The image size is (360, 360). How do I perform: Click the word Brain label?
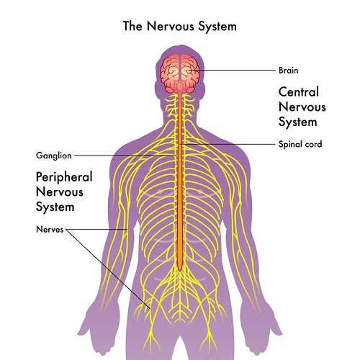(289, 71)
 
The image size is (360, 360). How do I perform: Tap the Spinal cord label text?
(300, 144)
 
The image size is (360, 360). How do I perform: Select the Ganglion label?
(54, 156)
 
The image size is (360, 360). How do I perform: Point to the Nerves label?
(50, 230)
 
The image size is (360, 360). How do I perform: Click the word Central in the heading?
(299, 91)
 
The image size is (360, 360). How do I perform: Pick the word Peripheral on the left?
(64, 177)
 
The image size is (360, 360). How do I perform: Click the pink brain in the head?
(180, 73)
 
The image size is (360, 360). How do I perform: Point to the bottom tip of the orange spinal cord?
(180, 271)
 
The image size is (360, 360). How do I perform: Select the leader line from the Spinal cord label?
(228, 144)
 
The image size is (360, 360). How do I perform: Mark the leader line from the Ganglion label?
(125, 156)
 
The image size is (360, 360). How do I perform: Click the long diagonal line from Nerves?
(108, 269)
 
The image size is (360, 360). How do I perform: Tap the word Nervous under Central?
(302, 107)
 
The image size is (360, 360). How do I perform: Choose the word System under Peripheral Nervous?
(55, 207)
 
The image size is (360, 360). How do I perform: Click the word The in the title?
(132, 26)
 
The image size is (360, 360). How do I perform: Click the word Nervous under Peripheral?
(60, 192)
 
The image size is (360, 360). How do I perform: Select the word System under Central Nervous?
(297, 122)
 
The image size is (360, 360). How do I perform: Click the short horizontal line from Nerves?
(96, 229)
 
